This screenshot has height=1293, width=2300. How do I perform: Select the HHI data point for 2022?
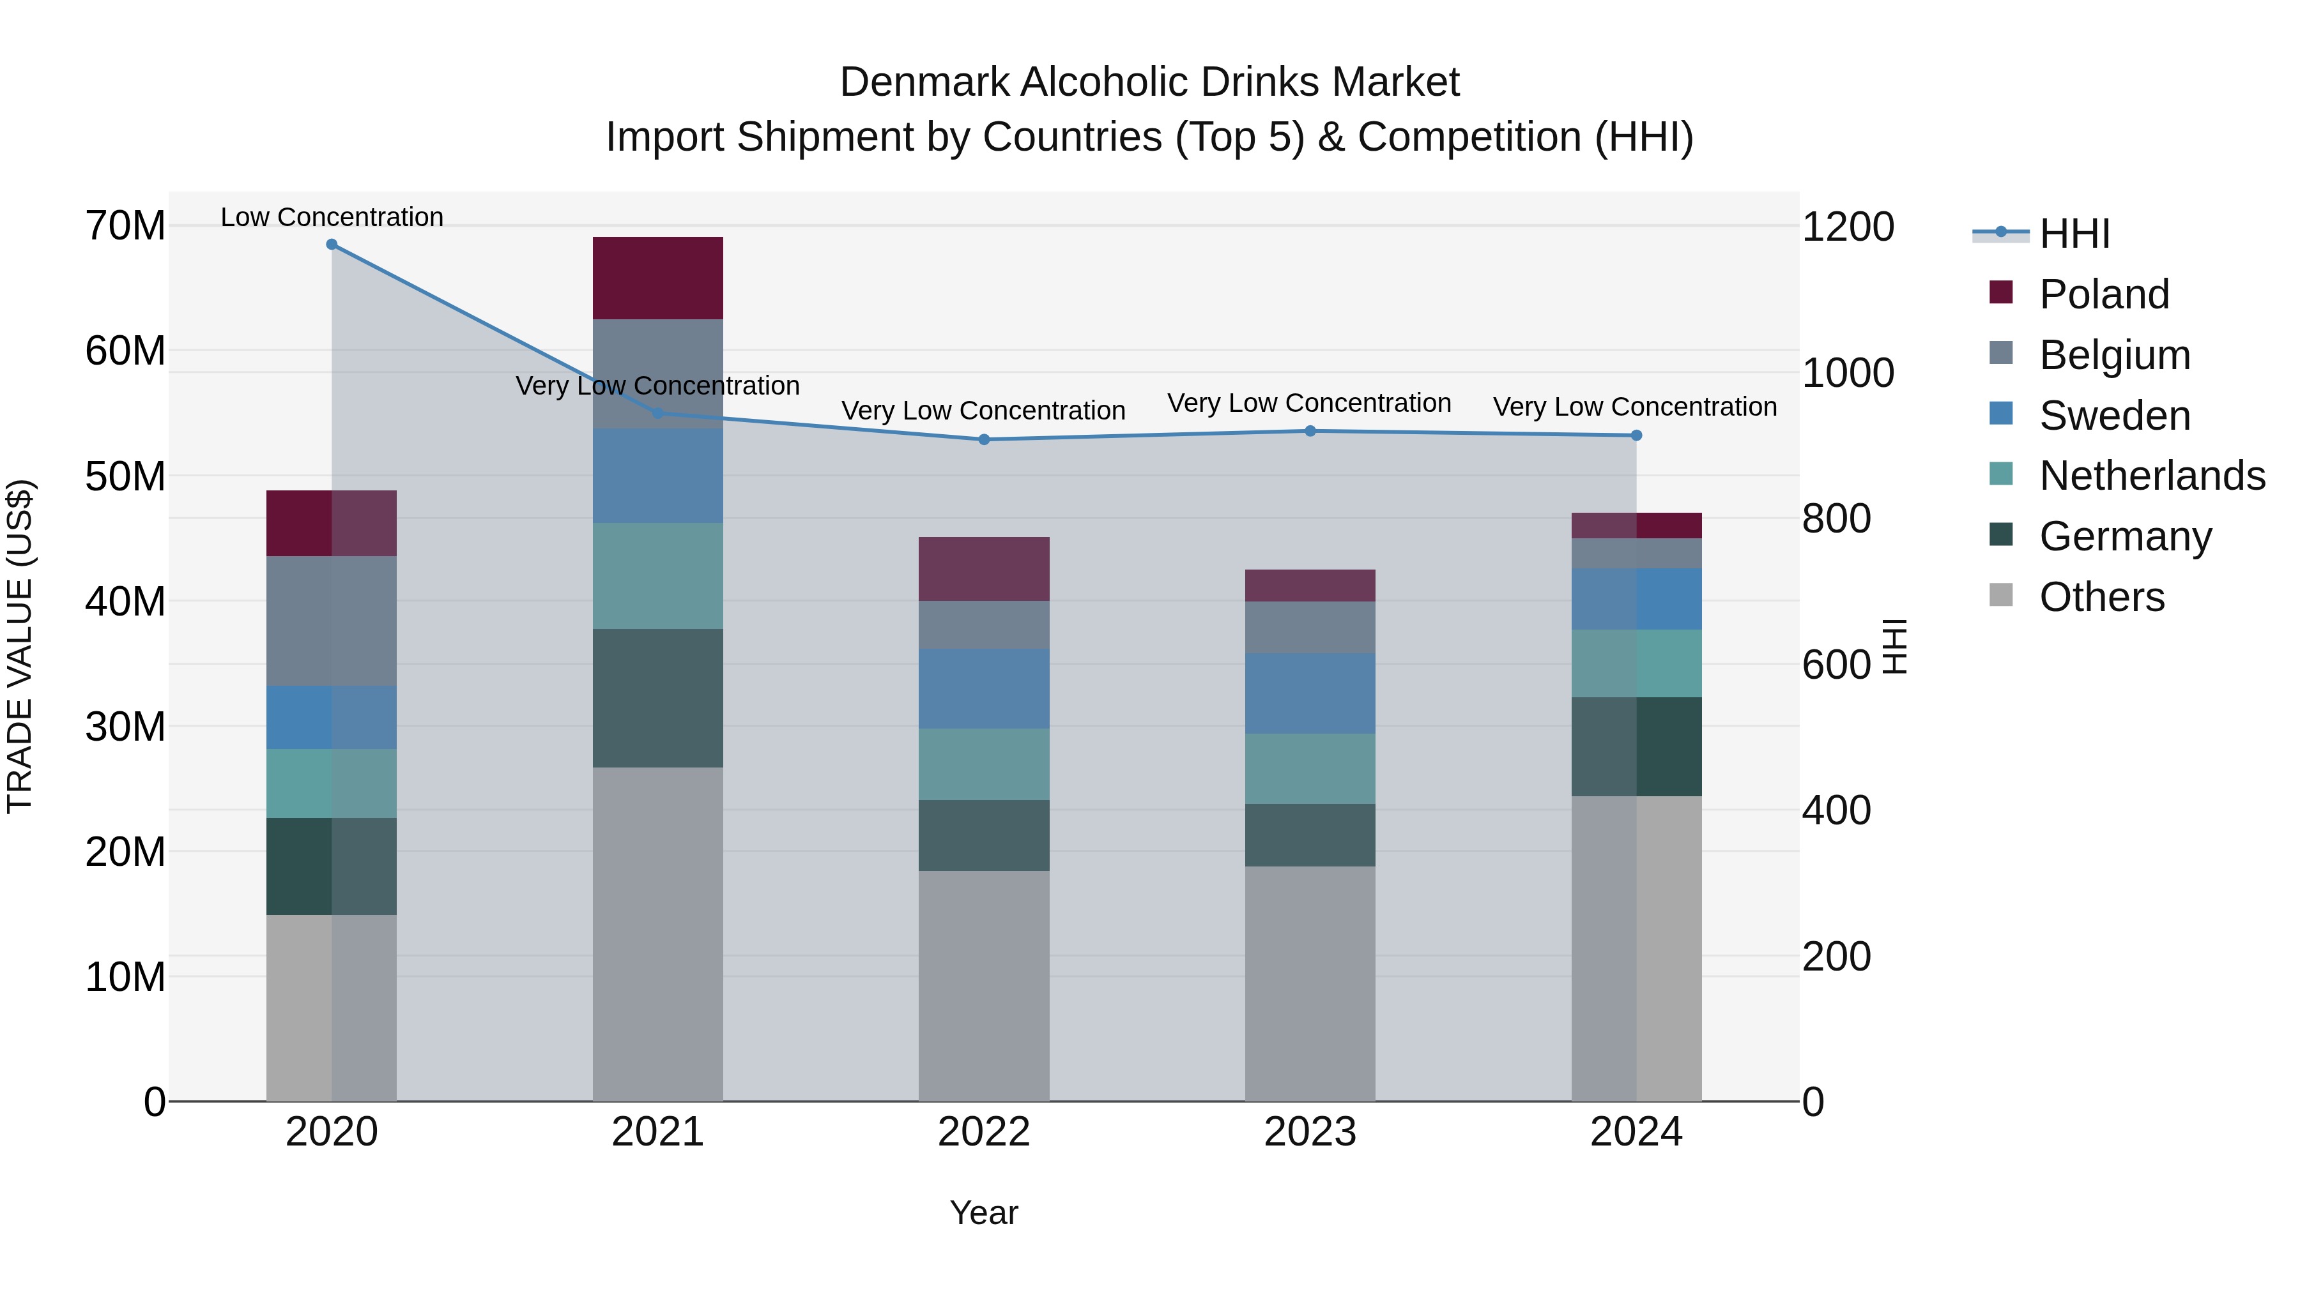(x=984, y=439)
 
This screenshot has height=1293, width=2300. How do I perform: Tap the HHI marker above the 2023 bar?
(x=1310, y=431)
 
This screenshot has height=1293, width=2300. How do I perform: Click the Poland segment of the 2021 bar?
(x=657, y=278)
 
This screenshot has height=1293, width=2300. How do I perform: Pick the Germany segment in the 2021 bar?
(x=657, y=698)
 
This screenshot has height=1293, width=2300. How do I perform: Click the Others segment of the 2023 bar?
(x=1310, y=983)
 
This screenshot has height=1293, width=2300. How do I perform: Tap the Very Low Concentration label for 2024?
(x=1635, y=407)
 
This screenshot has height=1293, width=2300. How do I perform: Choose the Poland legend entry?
(x=2104, y=294)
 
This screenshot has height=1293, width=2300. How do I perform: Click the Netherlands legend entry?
(x=2152, y=476)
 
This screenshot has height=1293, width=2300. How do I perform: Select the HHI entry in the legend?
(x=2074, y=234)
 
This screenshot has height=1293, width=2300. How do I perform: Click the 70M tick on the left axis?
(x=125, y=226)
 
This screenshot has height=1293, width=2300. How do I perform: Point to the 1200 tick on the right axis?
(x=1847, y=227)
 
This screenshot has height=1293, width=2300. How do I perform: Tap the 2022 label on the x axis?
(x=984, y=1132)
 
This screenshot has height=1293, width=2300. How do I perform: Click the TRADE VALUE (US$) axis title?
(x=20, y=646)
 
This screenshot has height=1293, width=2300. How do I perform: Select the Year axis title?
(x=984, y=1213)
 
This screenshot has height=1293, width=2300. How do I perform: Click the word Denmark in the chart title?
(x=925, y=82)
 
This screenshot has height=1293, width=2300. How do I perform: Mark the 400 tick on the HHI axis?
(x=1836, y=810)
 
